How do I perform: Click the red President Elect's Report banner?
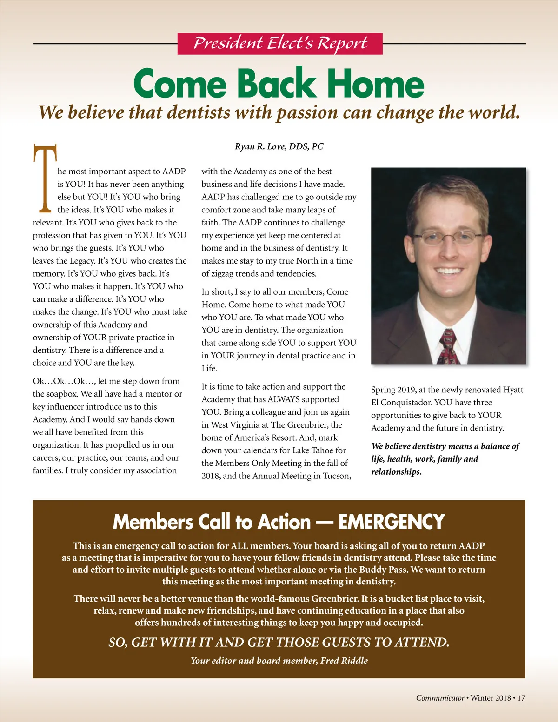click(280, 44)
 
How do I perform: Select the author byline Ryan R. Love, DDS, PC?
click(279, 146)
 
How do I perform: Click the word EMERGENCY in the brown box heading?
click(392, 522)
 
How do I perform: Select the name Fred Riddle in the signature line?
click(344, 661)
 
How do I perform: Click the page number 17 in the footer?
click(521, 698)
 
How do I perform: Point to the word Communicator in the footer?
click(440, 698)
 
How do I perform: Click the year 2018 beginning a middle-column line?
click(211, 476)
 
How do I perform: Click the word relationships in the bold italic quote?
click(396, 472)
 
